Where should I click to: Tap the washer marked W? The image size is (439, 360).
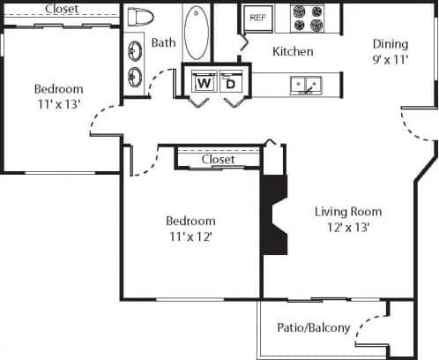(x=202, y=83)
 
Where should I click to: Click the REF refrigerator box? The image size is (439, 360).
(x=257, y=19)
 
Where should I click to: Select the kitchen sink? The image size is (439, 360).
(x=308, y=85)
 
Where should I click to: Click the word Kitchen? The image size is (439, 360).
(x=292, y=52)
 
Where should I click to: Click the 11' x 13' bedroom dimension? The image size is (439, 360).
(x=58, y=104)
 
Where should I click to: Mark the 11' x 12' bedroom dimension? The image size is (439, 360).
(x=190, y=236)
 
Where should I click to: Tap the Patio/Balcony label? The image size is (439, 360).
(x=315, y=328)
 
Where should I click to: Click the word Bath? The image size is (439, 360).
(x=163, y=42)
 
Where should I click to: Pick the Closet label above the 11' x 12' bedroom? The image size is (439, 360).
(x=218, y=160)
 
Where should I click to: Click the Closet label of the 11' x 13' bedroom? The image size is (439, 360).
(x=60, y=9)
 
